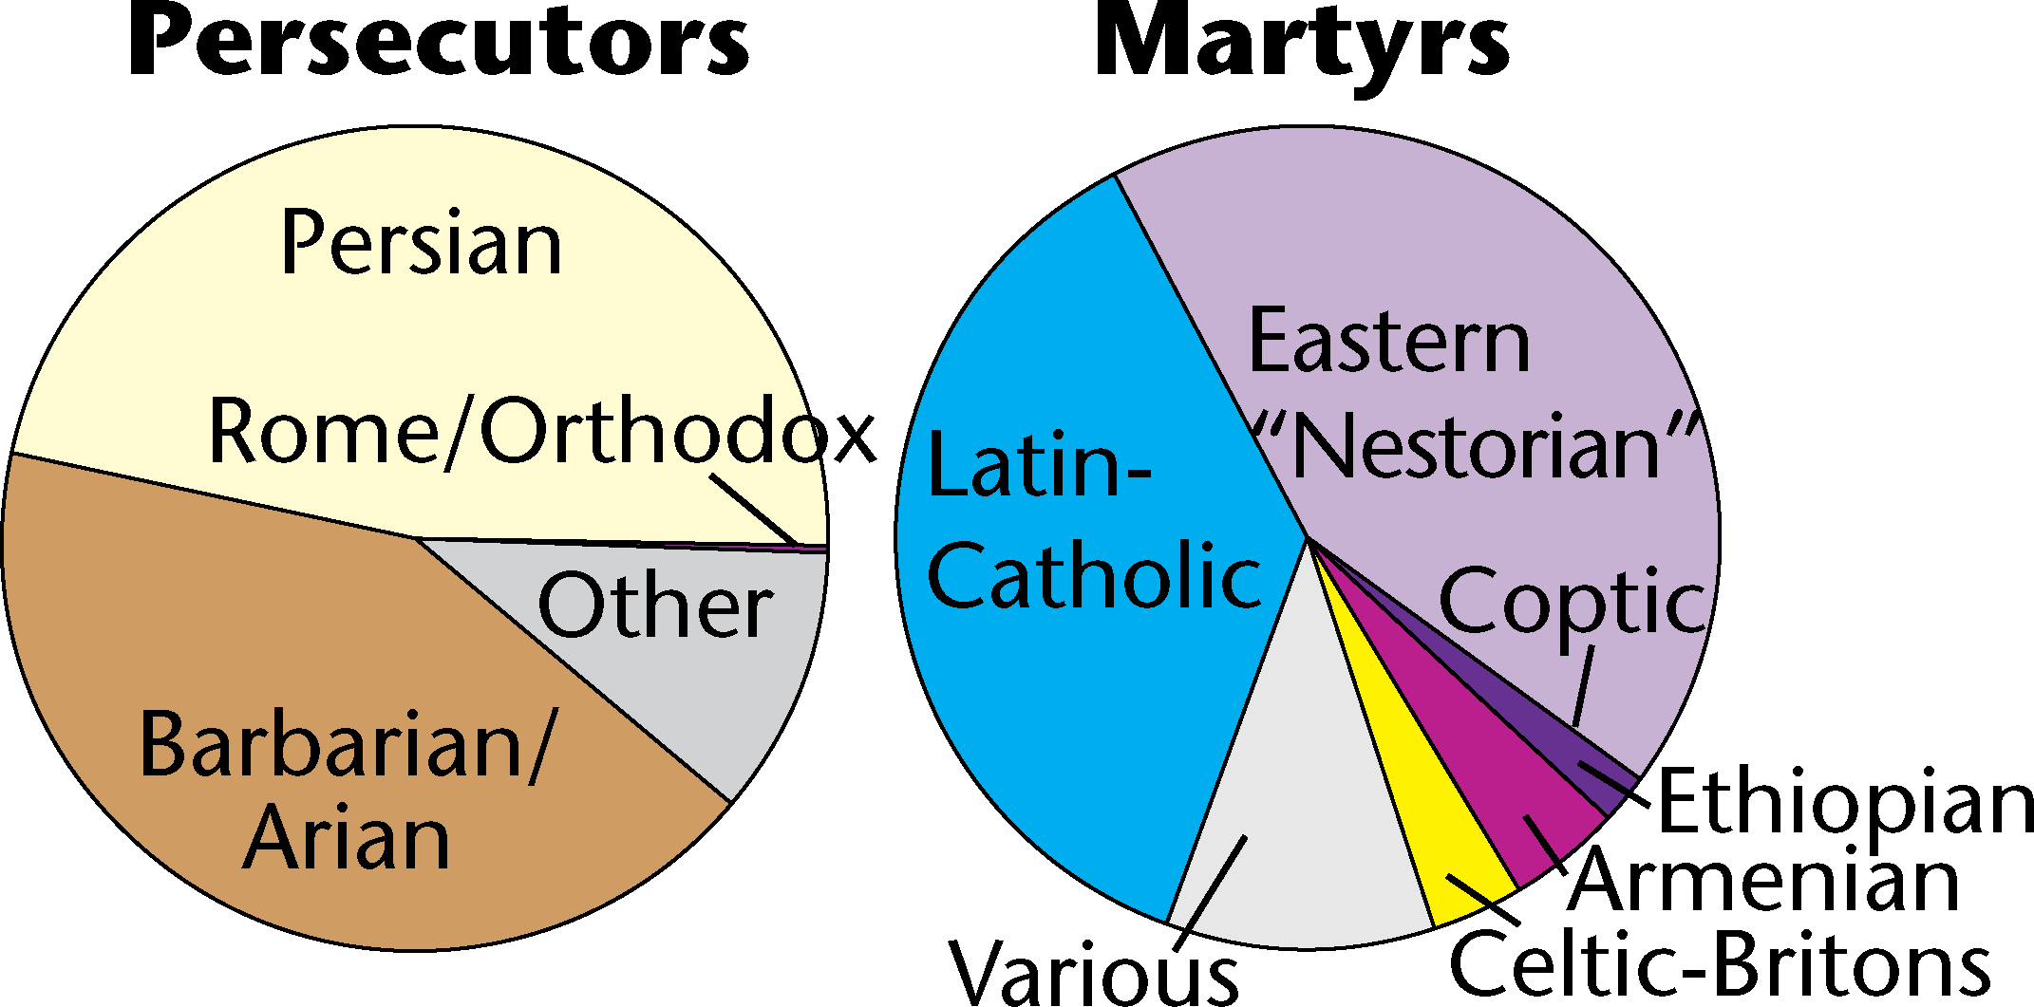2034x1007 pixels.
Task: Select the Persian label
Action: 422,244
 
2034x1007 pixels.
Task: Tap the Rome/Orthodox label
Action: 541,433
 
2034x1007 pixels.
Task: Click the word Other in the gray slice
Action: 655,607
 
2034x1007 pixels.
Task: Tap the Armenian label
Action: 1764,881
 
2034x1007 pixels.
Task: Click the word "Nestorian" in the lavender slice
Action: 1477,446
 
